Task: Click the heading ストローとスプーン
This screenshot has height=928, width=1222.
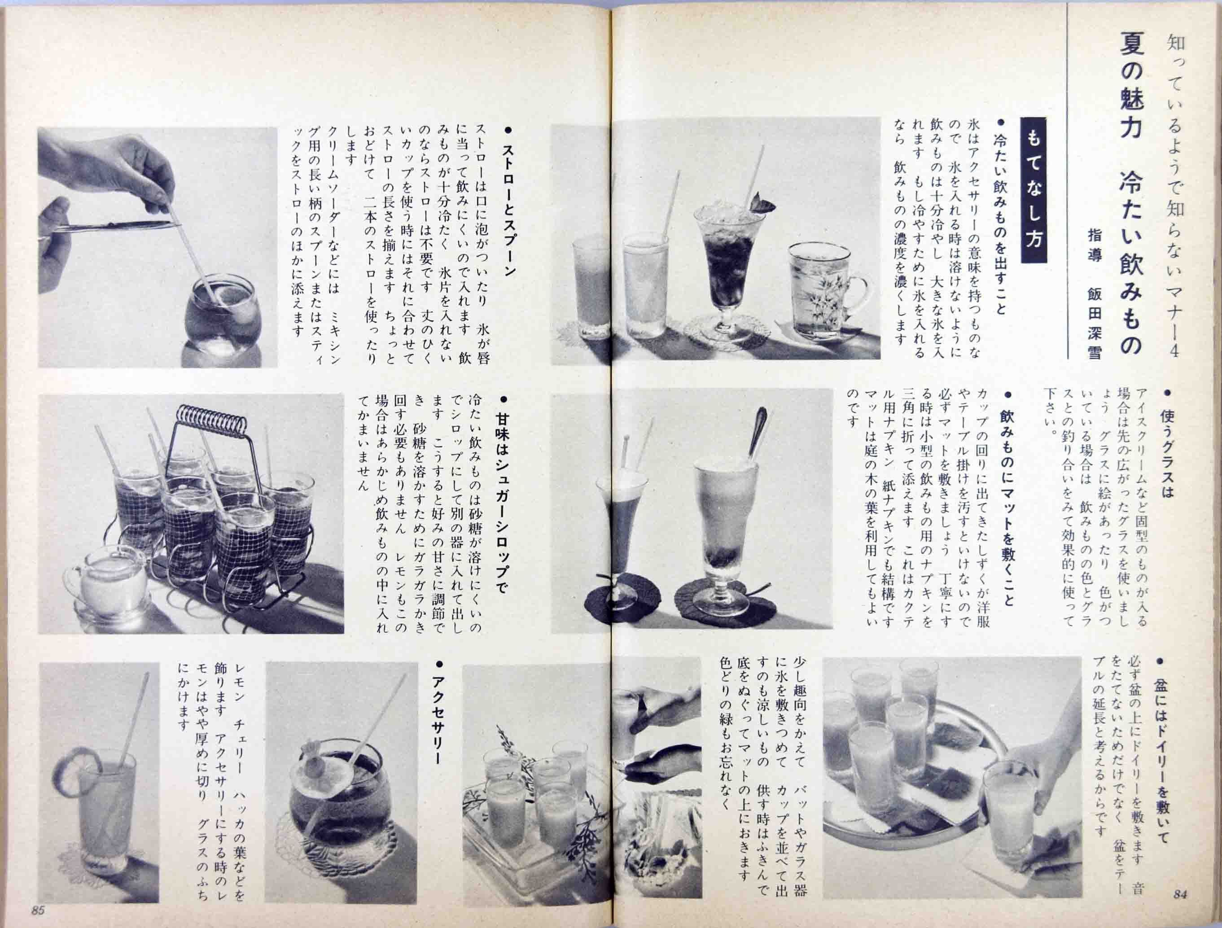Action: coord(509,210)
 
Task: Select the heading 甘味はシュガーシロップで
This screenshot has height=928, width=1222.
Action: coord(502,503)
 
